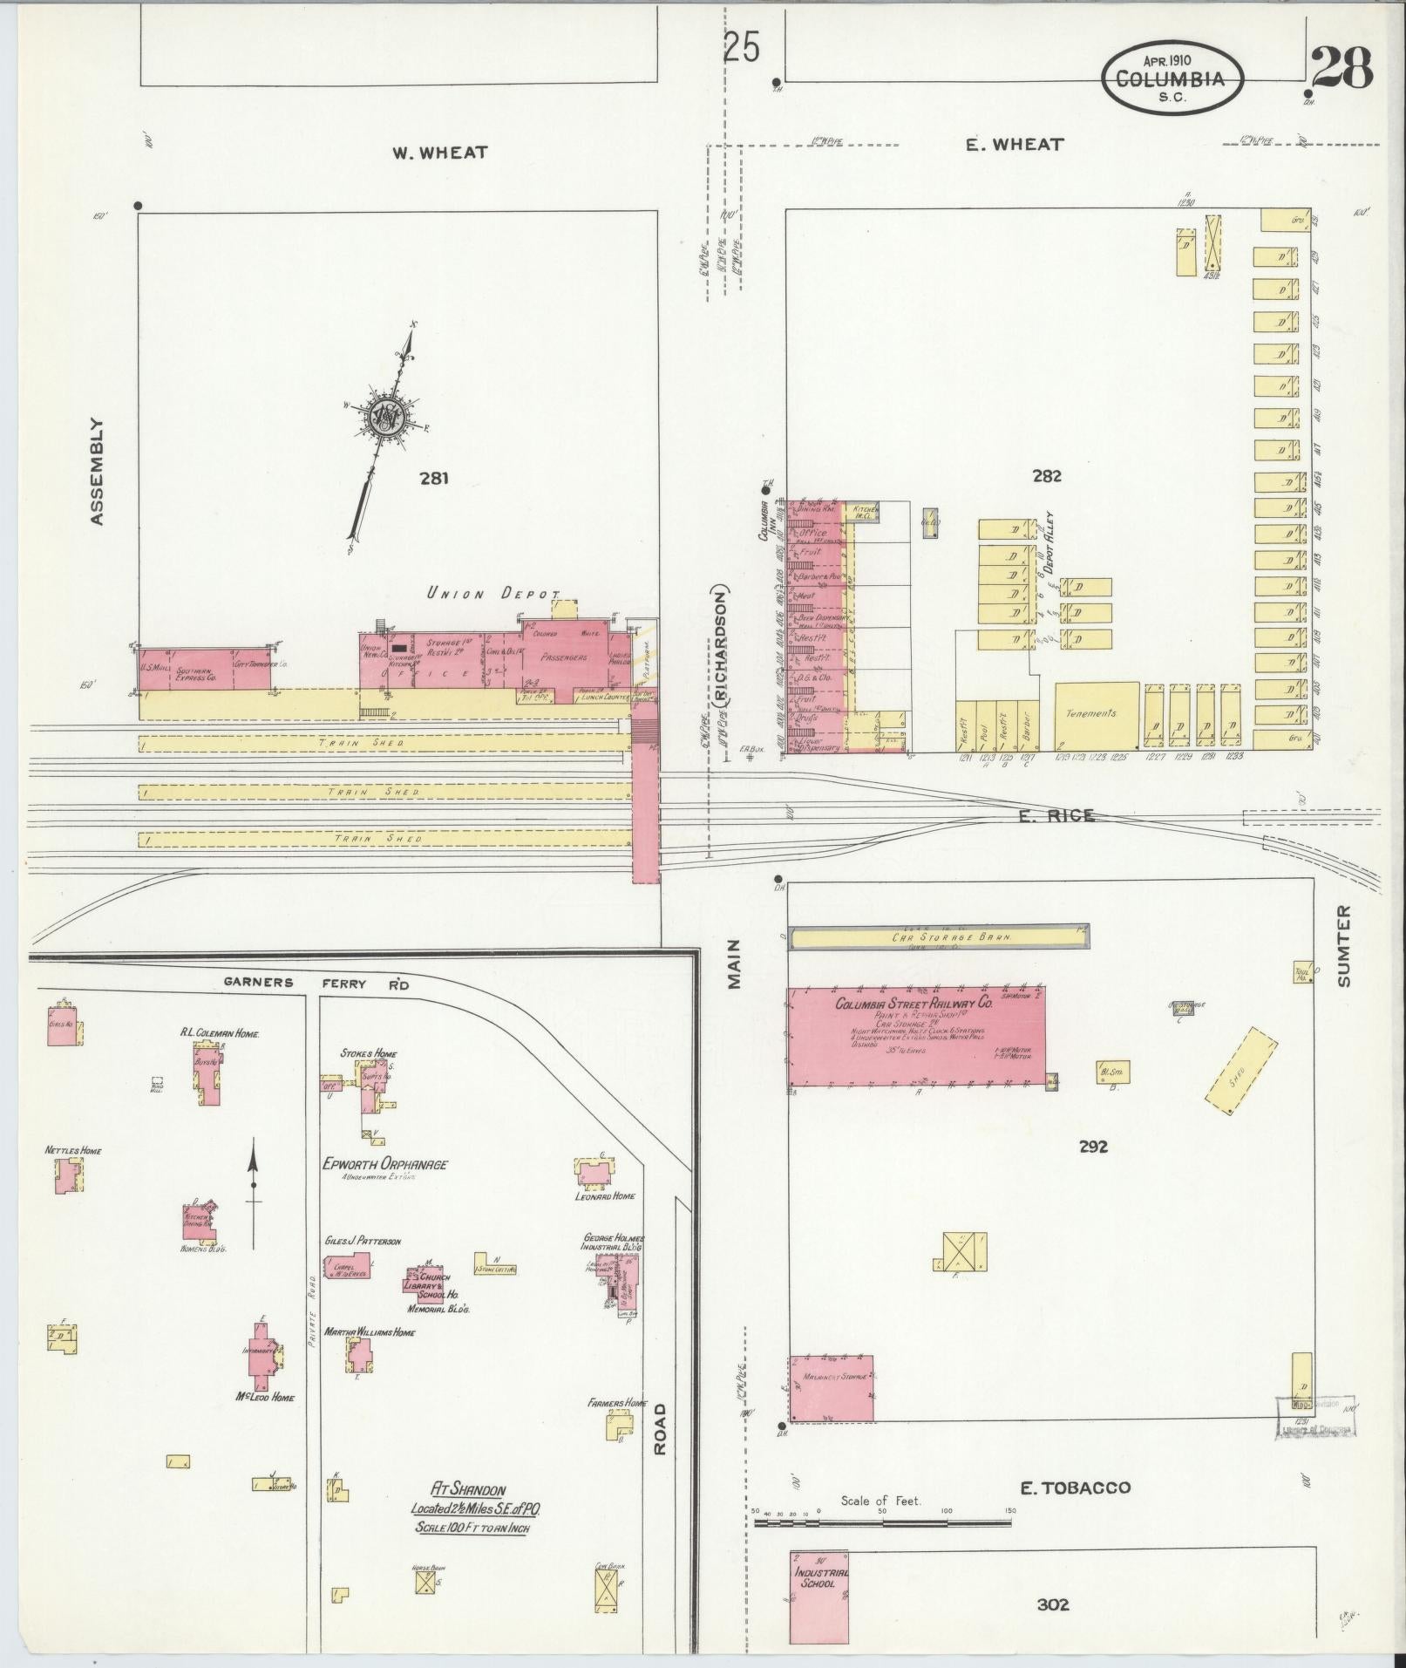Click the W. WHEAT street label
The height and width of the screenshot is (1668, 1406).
pyautogui.click(x=438, y=153)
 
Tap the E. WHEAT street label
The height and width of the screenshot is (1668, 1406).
pyautogui.click(x=1014, y=145)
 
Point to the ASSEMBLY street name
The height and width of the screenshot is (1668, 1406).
pyautogui.click(x=97, y=472)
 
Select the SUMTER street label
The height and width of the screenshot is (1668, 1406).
pyautogui.click(x=1343, y=946)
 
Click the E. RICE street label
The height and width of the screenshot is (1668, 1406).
pyautogui.click(x=1056, y=816)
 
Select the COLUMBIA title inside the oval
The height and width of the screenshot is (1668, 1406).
pyautogui.click(x=1170, y=78)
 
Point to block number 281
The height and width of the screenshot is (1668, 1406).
pyautogui.click(x=433, y=478)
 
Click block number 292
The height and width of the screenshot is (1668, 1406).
pyautogui.click(x=1092, y=1147)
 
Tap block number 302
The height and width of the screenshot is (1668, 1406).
pyautogui.click(x=1053, y=1604)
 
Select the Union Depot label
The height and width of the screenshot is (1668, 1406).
pyautogui.click(x=492, y=594)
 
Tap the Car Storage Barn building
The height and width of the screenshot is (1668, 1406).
pyautogui.click(x=938, y=938)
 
